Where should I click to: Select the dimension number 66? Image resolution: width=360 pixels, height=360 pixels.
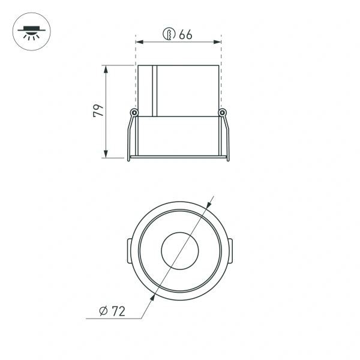point(185,35)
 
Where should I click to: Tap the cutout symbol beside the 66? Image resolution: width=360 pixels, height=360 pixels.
point(169,35)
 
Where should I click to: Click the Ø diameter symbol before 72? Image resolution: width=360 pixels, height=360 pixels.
point(103,311)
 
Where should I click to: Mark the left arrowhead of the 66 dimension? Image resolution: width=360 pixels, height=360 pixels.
point(139,42)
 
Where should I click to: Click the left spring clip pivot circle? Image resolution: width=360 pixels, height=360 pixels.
point(134,112)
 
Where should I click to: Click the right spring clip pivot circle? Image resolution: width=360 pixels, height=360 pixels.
point(223,112)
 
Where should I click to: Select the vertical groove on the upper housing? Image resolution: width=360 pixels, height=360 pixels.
point(154,90)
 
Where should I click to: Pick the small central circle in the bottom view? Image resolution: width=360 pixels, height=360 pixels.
point(179,248)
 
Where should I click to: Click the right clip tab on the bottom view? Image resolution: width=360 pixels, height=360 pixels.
point(231,249)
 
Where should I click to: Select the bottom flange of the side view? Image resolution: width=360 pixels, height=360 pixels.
point(178,158)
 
